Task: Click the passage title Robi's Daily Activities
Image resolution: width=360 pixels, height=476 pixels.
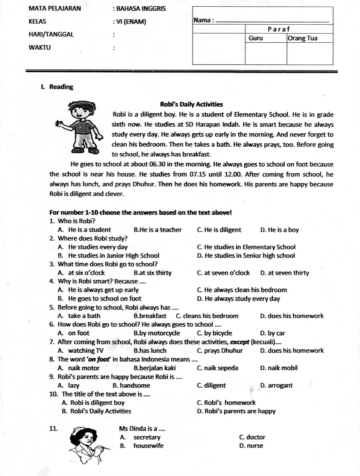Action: [x=191, y=104]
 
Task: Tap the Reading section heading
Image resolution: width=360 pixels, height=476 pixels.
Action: [x=61, y=87]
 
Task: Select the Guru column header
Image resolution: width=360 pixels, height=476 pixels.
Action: [x=256, y=38]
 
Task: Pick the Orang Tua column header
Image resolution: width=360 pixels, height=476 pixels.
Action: [x=303, y=38]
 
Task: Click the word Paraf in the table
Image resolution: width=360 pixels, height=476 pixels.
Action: [x=279, y=29]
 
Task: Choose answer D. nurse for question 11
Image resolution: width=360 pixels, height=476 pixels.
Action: [x=251, y=446]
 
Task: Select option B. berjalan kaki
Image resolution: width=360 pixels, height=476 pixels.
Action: [x=155, y=368]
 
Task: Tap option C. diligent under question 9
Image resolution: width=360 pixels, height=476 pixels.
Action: [x=211, y=386]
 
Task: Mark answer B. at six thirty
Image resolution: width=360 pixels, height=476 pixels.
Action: [x=153, y=273]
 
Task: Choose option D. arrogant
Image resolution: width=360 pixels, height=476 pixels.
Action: [x=276, y=386]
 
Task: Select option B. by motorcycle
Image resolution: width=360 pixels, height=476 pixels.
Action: [x=157, y=333]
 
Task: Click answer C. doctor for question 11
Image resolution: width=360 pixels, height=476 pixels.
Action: [x=252, y=437]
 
